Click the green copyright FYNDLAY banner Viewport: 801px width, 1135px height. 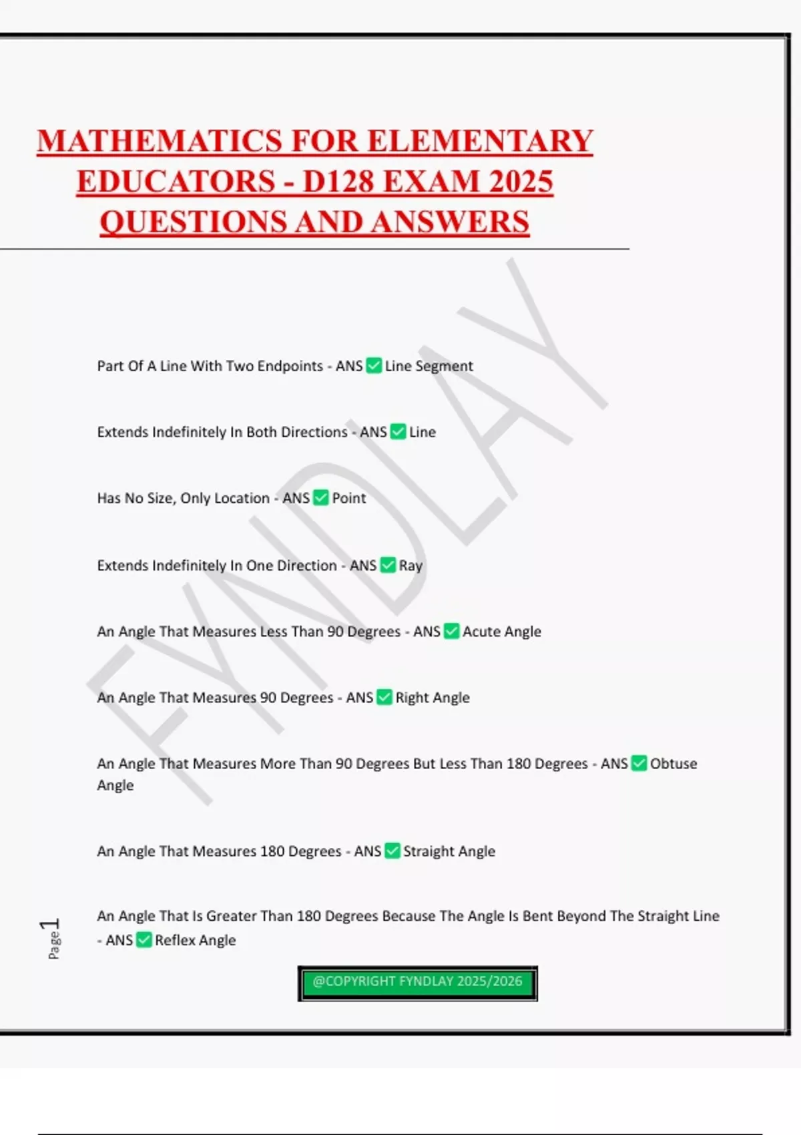417,982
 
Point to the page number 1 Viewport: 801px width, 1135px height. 50,925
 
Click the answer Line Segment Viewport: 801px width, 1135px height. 429,366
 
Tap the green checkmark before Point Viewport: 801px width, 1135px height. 321,498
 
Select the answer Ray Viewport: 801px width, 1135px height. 411,565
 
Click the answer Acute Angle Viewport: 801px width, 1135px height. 502,632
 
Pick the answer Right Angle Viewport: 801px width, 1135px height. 433,698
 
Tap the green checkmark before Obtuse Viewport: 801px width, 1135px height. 639,763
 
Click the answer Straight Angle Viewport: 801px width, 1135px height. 449,851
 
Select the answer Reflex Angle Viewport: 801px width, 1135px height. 196,940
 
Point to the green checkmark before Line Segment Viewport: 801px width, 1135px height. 374,366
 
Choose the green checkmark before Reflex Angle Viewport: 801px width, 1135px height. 144,940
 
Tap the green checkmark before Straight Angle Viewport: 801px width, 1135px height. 392,851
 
